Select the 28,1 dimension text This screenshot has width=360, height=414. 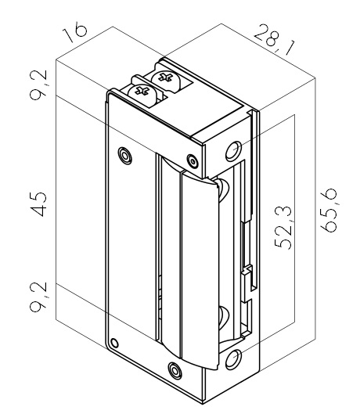[x=275, y=40]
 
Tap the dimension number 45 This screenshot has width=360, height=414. [x=39, y=203]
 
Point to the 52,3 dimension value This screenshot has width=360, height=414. [x=283, y=228]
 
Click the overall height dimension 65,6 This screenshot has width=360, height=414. [x=329, y=211]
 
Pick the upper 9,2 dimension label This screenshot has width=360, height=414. [x=38, y=85]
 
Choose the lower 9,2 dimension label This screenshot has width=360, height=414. [x=38, y=297]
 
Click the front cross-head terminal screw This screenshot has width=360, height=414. [x=142, y=92]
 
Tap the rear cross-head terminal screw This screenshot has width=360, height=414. [x=166, y=78]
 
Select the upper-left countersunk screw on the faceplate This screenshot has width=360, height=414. [x=125, y=155]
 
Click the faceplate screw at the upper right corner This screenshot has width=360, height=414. [x=193, y=161]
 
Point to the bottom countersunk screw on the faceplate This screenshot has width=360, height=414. [x=175, y=370]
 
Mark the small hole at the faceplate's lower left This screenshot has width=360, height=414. [x=114, y=344]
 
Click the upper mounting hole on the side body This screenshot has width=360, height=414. [x=233, y=151]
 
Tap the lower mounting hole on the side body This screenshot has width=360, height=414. [x=233, y=359]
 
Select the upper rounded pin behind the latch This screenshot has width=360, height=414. [x=223, y=189]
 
